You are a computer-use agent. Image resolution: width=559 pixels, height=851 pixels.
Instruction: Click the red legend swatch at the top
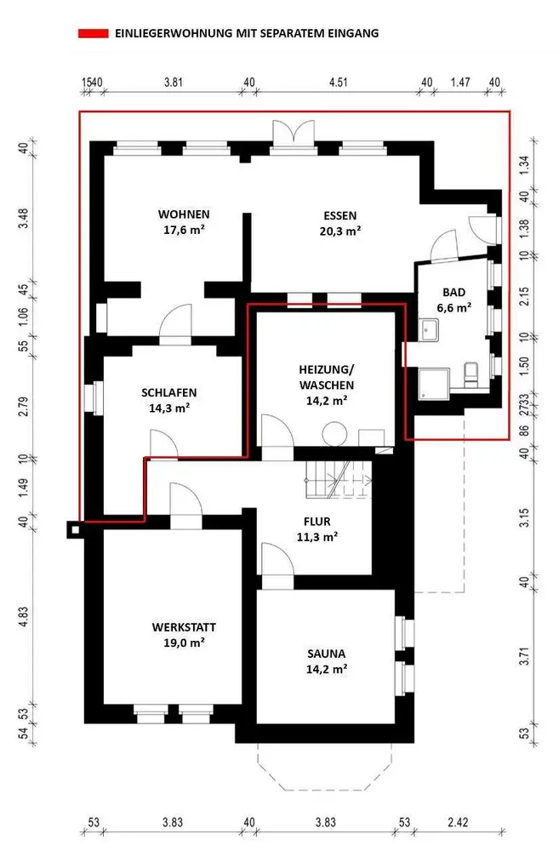coord(93,34)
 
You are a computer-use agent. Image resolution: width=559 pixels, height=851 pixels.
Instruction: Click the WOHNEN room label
coord(184,214)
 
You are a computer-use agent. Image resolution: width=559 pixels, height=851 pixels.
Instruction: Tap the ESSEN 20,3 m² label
coord(340,223)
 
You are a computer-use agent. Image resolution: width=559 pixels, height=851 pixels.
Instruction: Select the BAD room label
coord(453,293)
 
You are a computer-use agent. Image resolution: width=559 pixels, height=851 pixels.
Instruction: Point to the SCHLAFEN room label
coord(168,392)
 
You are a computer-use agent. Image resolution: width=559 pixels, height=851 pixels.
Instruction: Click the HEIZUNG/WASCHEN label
coord(326,377)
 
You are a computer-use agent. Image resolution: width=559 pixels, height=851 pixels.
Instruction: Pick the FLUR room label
coord(317,522)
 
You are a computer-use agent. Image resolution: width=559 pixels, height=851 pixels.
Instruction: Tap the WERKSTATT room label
coord(184,627)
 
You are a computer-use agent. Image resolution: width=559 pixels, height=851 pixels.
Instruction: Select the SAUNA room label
coord(326,654)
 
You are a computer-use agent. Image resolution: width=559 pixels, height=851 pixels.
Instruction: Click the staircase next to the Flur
coord(339,480)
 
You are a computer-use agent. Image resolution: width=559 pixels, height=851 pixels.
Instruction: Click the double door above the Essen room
coord(293,133)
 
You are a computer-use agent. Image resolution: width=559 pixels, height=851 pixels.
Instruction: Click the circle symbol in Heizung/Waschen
coord(335,435)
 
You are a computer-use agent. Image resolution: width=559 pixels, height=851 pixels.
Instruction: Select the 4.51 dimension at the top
coord(338,82)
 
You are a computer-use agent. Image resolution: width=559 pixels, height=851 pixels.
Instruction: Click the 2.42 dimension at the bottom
coord(458,822)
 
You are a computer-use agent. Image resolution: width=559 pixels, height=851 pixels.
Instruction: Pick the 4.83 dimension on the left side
coord(23,617)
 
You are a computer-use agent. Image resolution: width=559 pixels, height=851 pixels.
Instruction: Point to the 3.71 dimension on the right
coord(524,656)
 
